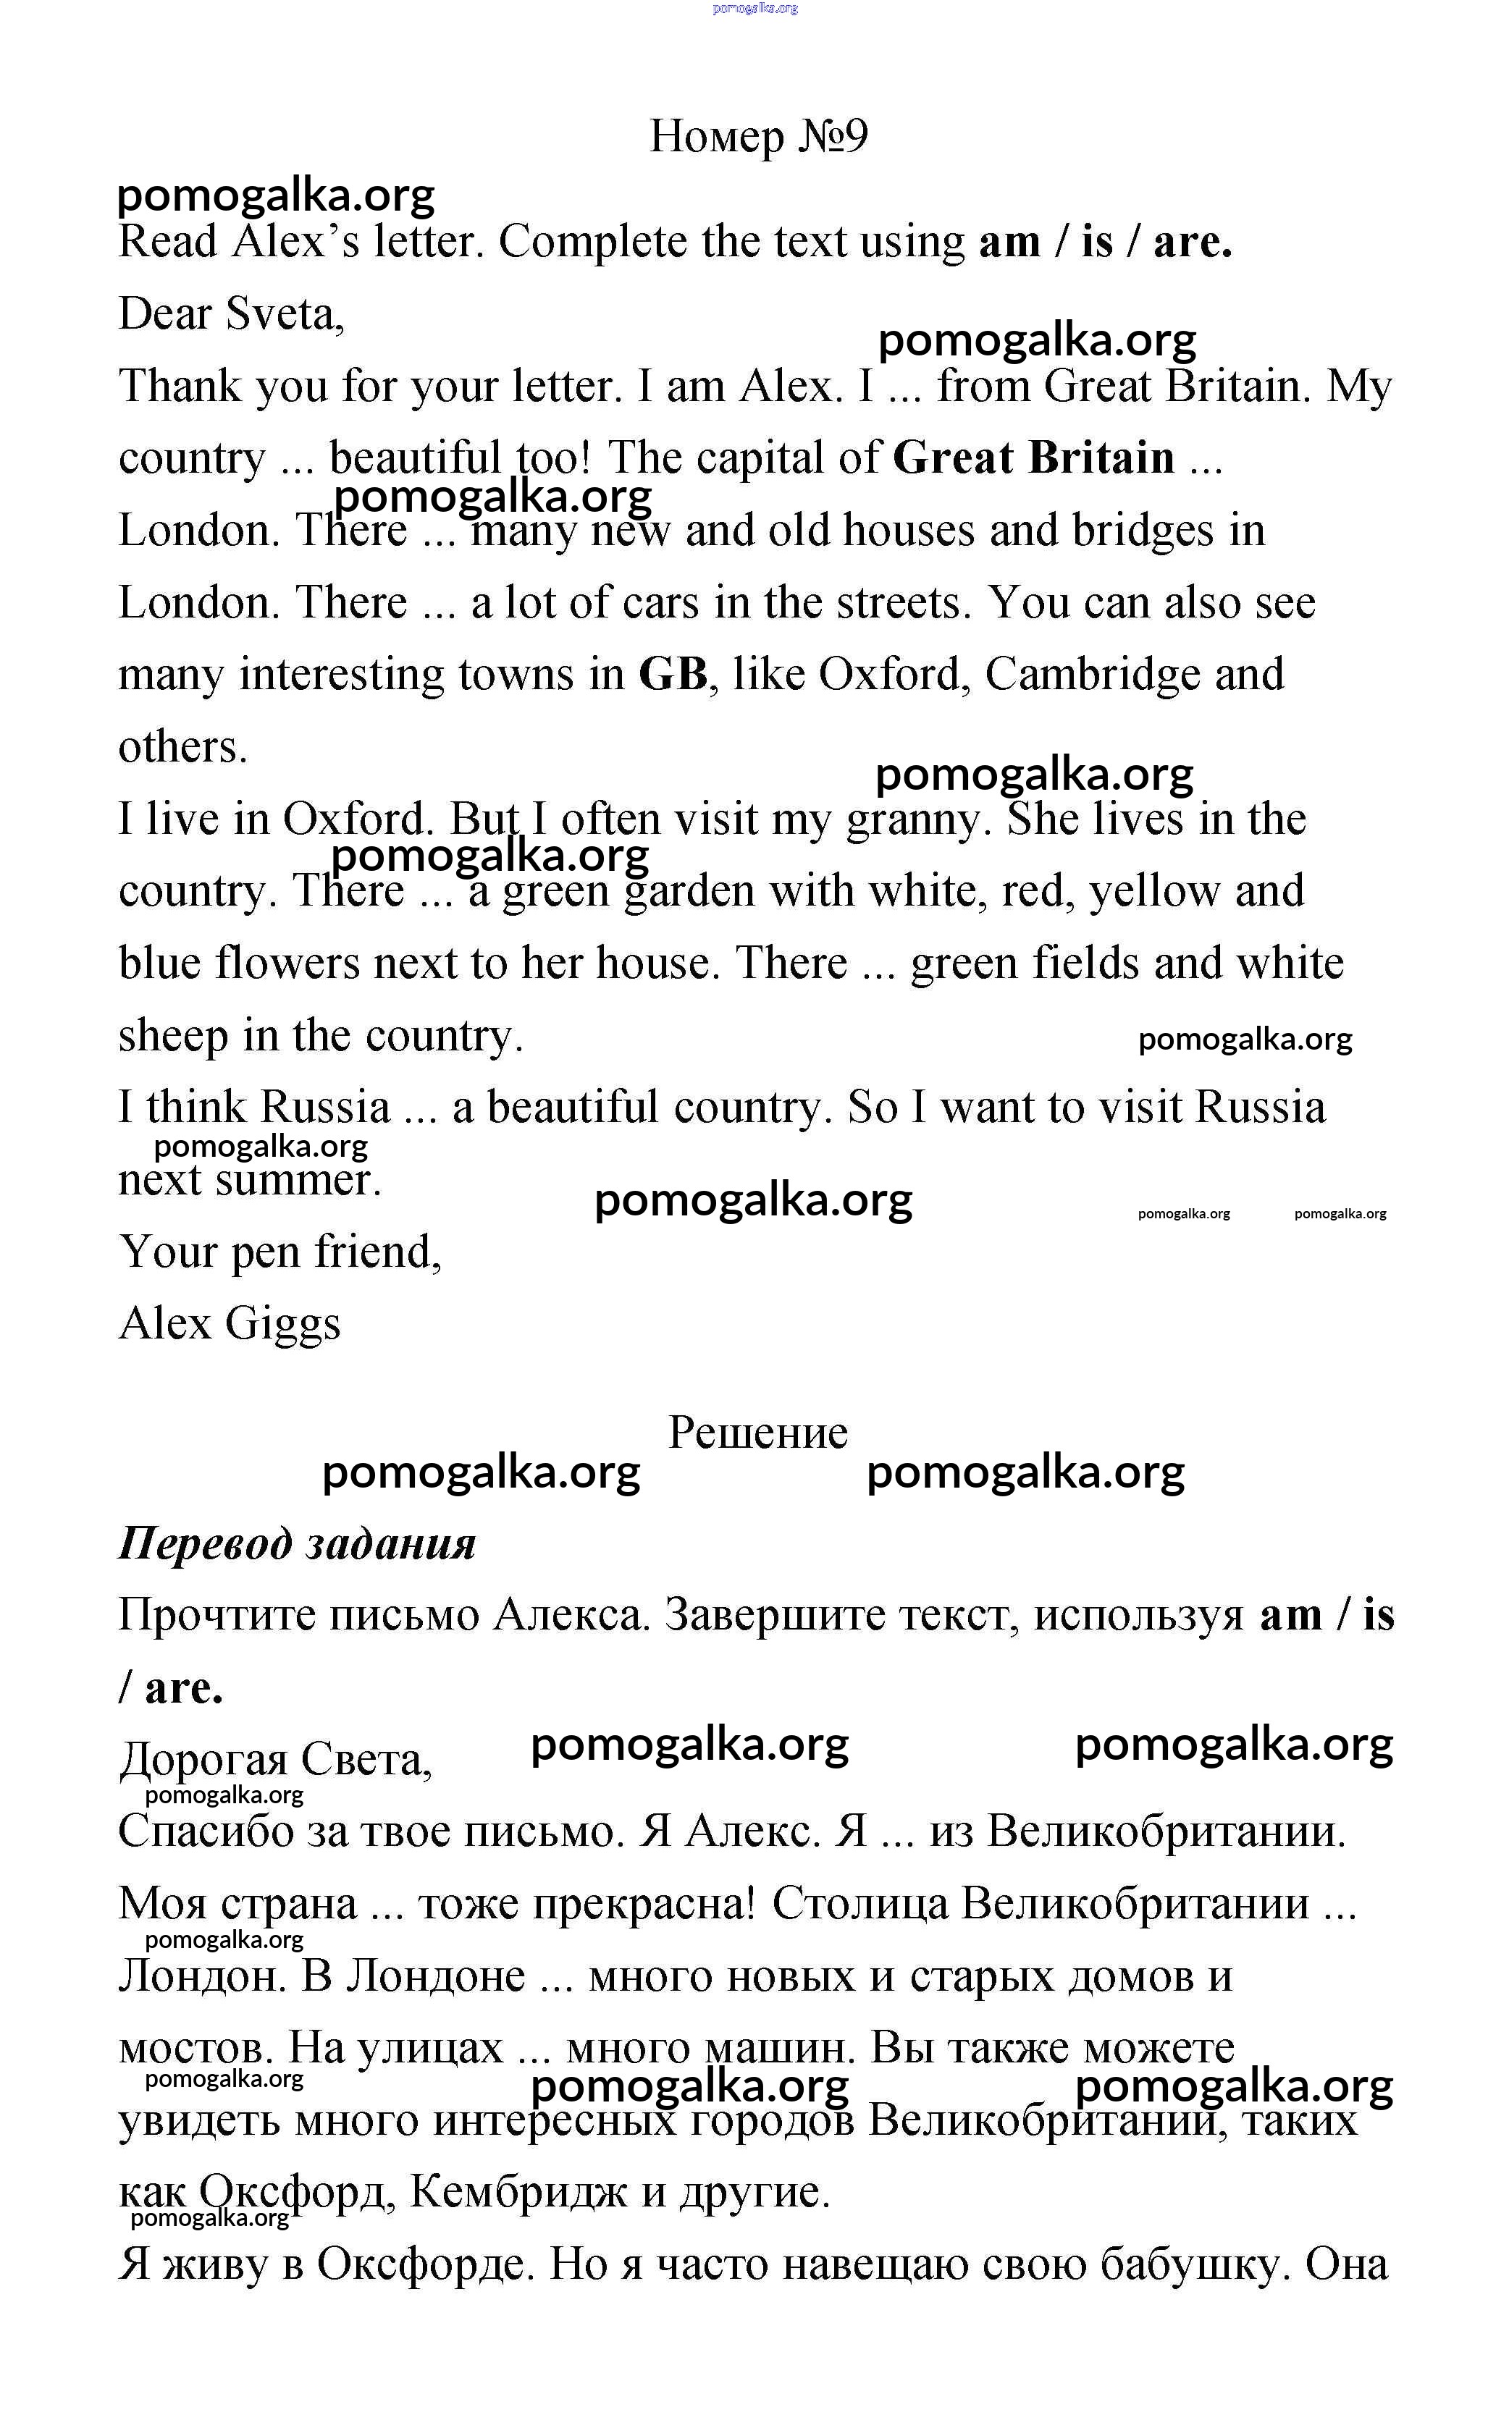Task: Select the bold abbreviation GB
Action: click(x=673, y=675)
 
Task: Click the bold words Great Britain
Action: click(x=1033, y=458)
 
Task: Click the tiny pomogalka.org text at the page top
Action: click(x=755, y=8)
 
